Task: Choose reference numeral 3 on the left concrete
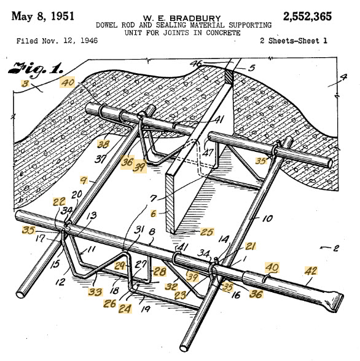(25, 83)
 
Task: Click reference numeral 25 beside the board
(206, 232)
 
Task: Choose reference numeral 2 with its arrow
(335, 247)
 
